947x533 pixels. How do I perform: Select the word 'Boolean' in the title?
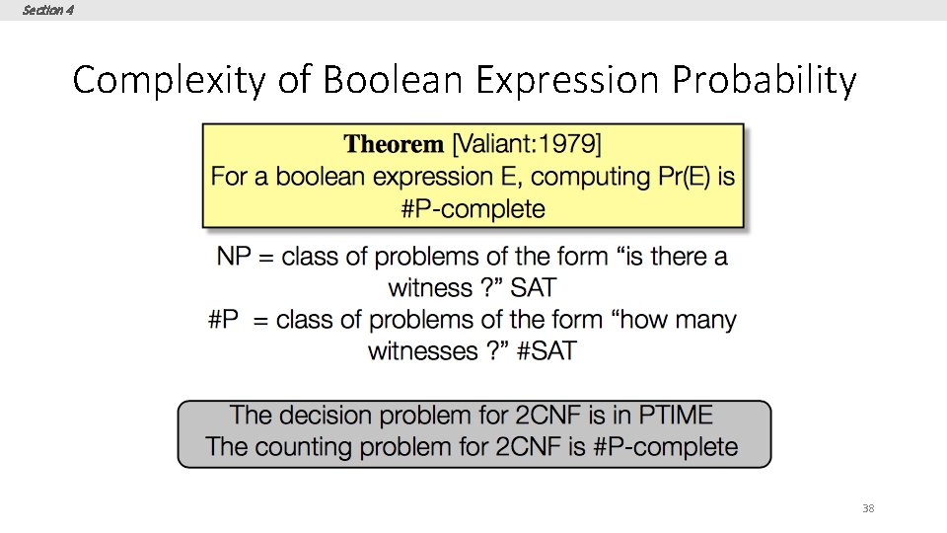click(390, 80)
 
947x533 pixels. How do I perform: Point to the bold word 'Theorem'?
click(394, 145)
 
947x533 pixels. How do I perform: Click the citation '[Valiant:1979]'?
click(526, 145)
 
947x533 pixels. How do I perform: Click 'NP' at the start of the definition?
click(233, 258)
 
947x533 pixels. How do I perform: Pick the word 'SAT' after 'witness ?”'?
click(533, 288)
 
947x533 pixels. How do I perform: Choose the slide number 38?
click(868, 508)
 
